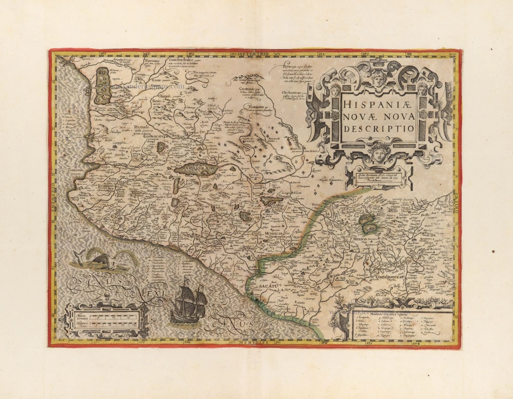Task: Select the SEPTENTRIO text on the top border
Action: (252, 53)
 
